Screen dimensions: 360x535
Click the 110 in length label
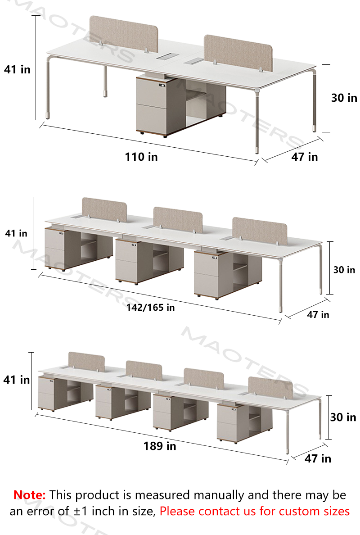tap(141, 157)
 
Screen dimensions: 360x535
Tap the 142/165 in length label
tap(150, 308)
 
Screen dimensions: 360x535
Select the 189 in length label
tap(160, 445)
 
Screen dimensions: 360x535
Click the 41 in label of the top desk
tap(17, 69)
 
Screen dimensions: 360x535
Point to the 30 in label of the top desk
tap(344, 98)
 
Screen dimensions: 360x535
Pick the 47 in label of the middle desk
tap(318, 314)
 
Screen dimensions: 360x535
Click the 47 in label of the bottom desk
tap(318, 458)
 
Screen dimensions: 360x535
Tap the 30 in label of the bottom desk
tap(343, 417)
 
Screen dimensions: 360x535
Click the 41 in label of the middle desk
tap(16, 233)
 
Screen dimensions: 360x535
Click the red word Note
tap(29, 495)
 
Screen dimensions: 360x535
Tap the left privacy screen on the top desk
tap(124, 34)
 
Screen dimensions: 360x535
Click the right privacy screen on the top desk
tap(238, 53)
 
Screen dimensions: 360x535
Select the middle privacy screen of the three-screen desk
tap(178, 220)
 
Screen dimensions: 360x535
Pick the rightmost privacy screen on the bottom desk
tap(270, 388)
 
